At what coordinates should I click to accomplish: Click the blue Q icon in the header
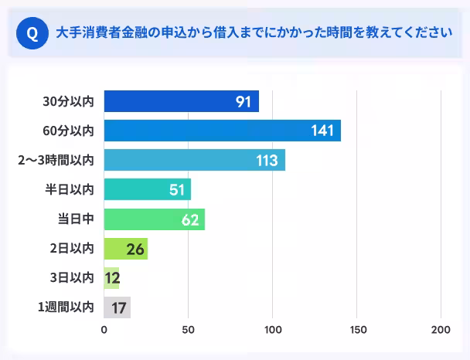[32, 33]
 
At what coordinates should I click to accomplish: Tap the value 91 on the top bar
[244, 101]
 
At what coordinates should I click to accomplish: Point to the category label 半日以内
[71, 189]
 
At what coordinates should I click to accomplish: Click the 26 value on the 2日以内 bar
[135, 249]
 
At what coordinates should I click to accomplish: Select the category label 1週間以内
[66, 307]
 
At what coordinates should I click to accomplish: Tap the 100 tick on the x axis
[272, 331]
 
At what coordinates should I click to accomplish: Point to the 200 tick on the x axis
[441, 331]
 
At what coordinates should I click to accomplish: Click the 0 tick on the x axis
[104, 331]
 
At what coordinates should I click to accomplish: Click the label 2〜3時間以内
[56, 160]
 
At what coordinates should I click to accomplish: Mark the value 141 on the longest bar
[322, 131]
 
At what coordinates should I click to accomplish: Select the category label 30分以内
[69, 101]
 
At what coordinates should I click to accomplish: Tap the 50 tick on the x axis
[188, 331]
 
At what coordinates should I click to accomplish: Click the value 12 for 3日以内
[112, 278]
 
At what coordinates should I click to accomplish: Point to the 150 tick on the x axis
[356, 331]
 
